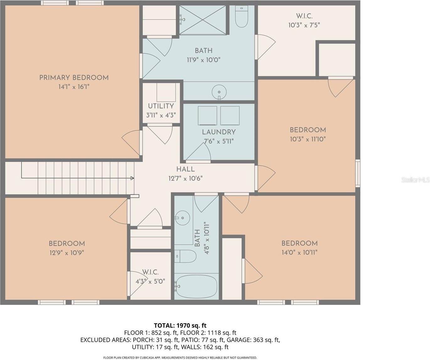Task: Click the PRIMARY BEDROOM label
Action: pos(74,77)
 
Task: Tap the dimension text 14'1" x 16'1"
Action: pos(74,87)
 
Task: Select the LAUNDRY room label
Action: pos(219,132)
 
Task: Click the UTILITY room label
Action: pos(161,106)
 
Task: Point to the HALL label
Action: pos(185,169)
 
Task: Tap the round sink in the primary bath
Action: pos(219,92)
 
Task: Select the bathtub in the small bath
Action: pos(196,286)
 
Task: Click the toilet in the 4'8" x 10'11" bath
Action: pos(185,256)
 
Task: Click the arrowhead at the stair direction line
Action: pos(132,178)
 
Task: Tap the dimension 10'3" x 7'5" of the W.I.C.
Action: pos(304,25)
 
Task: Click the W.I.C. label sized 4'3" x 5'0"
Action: pos(150,272)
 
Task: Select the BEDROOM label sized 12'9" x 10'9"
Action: pos(67,244)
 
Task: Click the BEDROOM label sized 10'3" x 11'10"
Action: pos(308,130)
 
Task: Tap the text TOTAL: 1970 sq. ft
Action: pos(180,326)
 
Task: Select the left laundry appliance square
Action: pos(207,115)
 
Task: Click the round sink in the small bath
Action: pos(181,218)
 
